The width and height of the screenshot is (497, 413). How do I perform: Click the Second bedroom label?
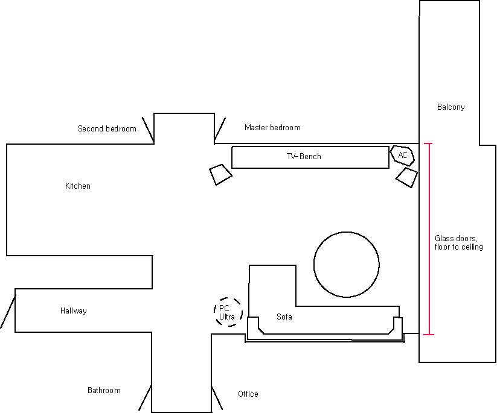(x=107, y=128)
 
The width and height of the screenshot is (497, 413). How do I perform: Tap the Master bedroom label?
(x=272, y=128)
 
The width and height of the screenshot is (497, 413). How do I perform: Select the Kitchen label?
(x=78, y=186)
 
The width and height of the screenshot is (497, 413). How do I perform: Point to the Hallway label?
(x=74, y=311)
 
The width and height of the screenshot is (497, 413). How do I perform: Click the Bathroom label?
(x=104, y=390)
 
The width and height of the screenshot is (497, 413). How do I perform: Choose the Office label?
(x=248, y=394)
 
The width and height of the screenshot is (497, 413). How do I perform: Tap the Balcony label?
(x=451, y=107)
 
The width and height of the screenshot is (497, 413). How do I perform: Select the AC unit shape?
(x=402, y=156)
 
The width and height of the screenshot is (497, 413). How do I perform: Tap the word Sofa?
(x=284, y=317)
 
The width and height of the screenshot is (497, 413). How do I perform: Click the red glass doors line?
(x=429, y=239)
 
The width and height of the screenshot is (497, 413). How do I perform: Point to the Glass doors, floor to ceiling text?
(x=458, y=243)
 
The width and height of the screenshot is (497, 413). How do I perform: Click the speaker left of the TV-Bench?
(x=220, y=174)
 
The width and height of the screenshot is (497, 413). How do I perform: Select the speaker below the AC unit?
(x=406, y=177)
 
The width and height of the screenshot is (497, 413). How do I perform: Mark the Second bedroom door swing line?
(x=148, y=130)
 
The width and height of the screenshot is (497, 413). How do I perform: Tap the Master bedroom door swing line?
(x=220, y=129)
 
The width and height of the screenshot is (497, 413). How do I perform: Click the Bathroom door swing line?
(x=144, y=398)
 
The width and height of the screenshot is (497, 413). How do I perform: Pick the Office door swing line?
(x=217, y=398)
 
